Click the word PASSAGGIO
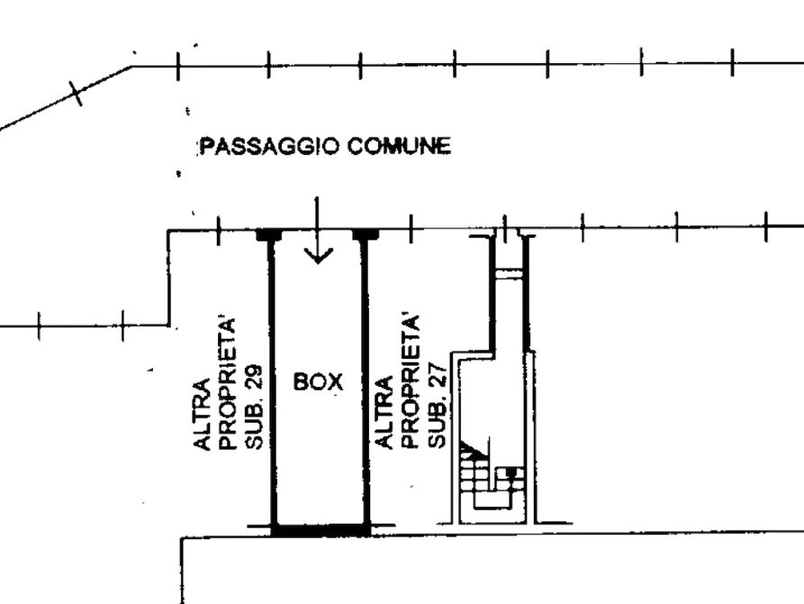tap(269, 146)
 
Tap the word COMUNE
tap(399, 146)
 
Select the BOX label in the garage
tap(318, 381)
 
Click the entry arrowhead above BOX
tap(318, 255)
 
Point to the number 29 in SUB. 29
tap(254, 380)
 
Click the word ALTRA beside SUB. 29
tap(203, 415)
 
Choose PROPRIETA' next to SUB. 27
tap(411, 382)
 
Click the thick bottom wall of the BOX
tap(321, 530)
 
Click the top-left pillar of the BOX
tap(268, 234)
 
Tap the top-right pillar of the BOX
tap(366, 234)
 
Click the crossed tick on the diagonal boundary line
tap(77, 93)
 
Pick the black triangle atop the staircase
tap(473, 449)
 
